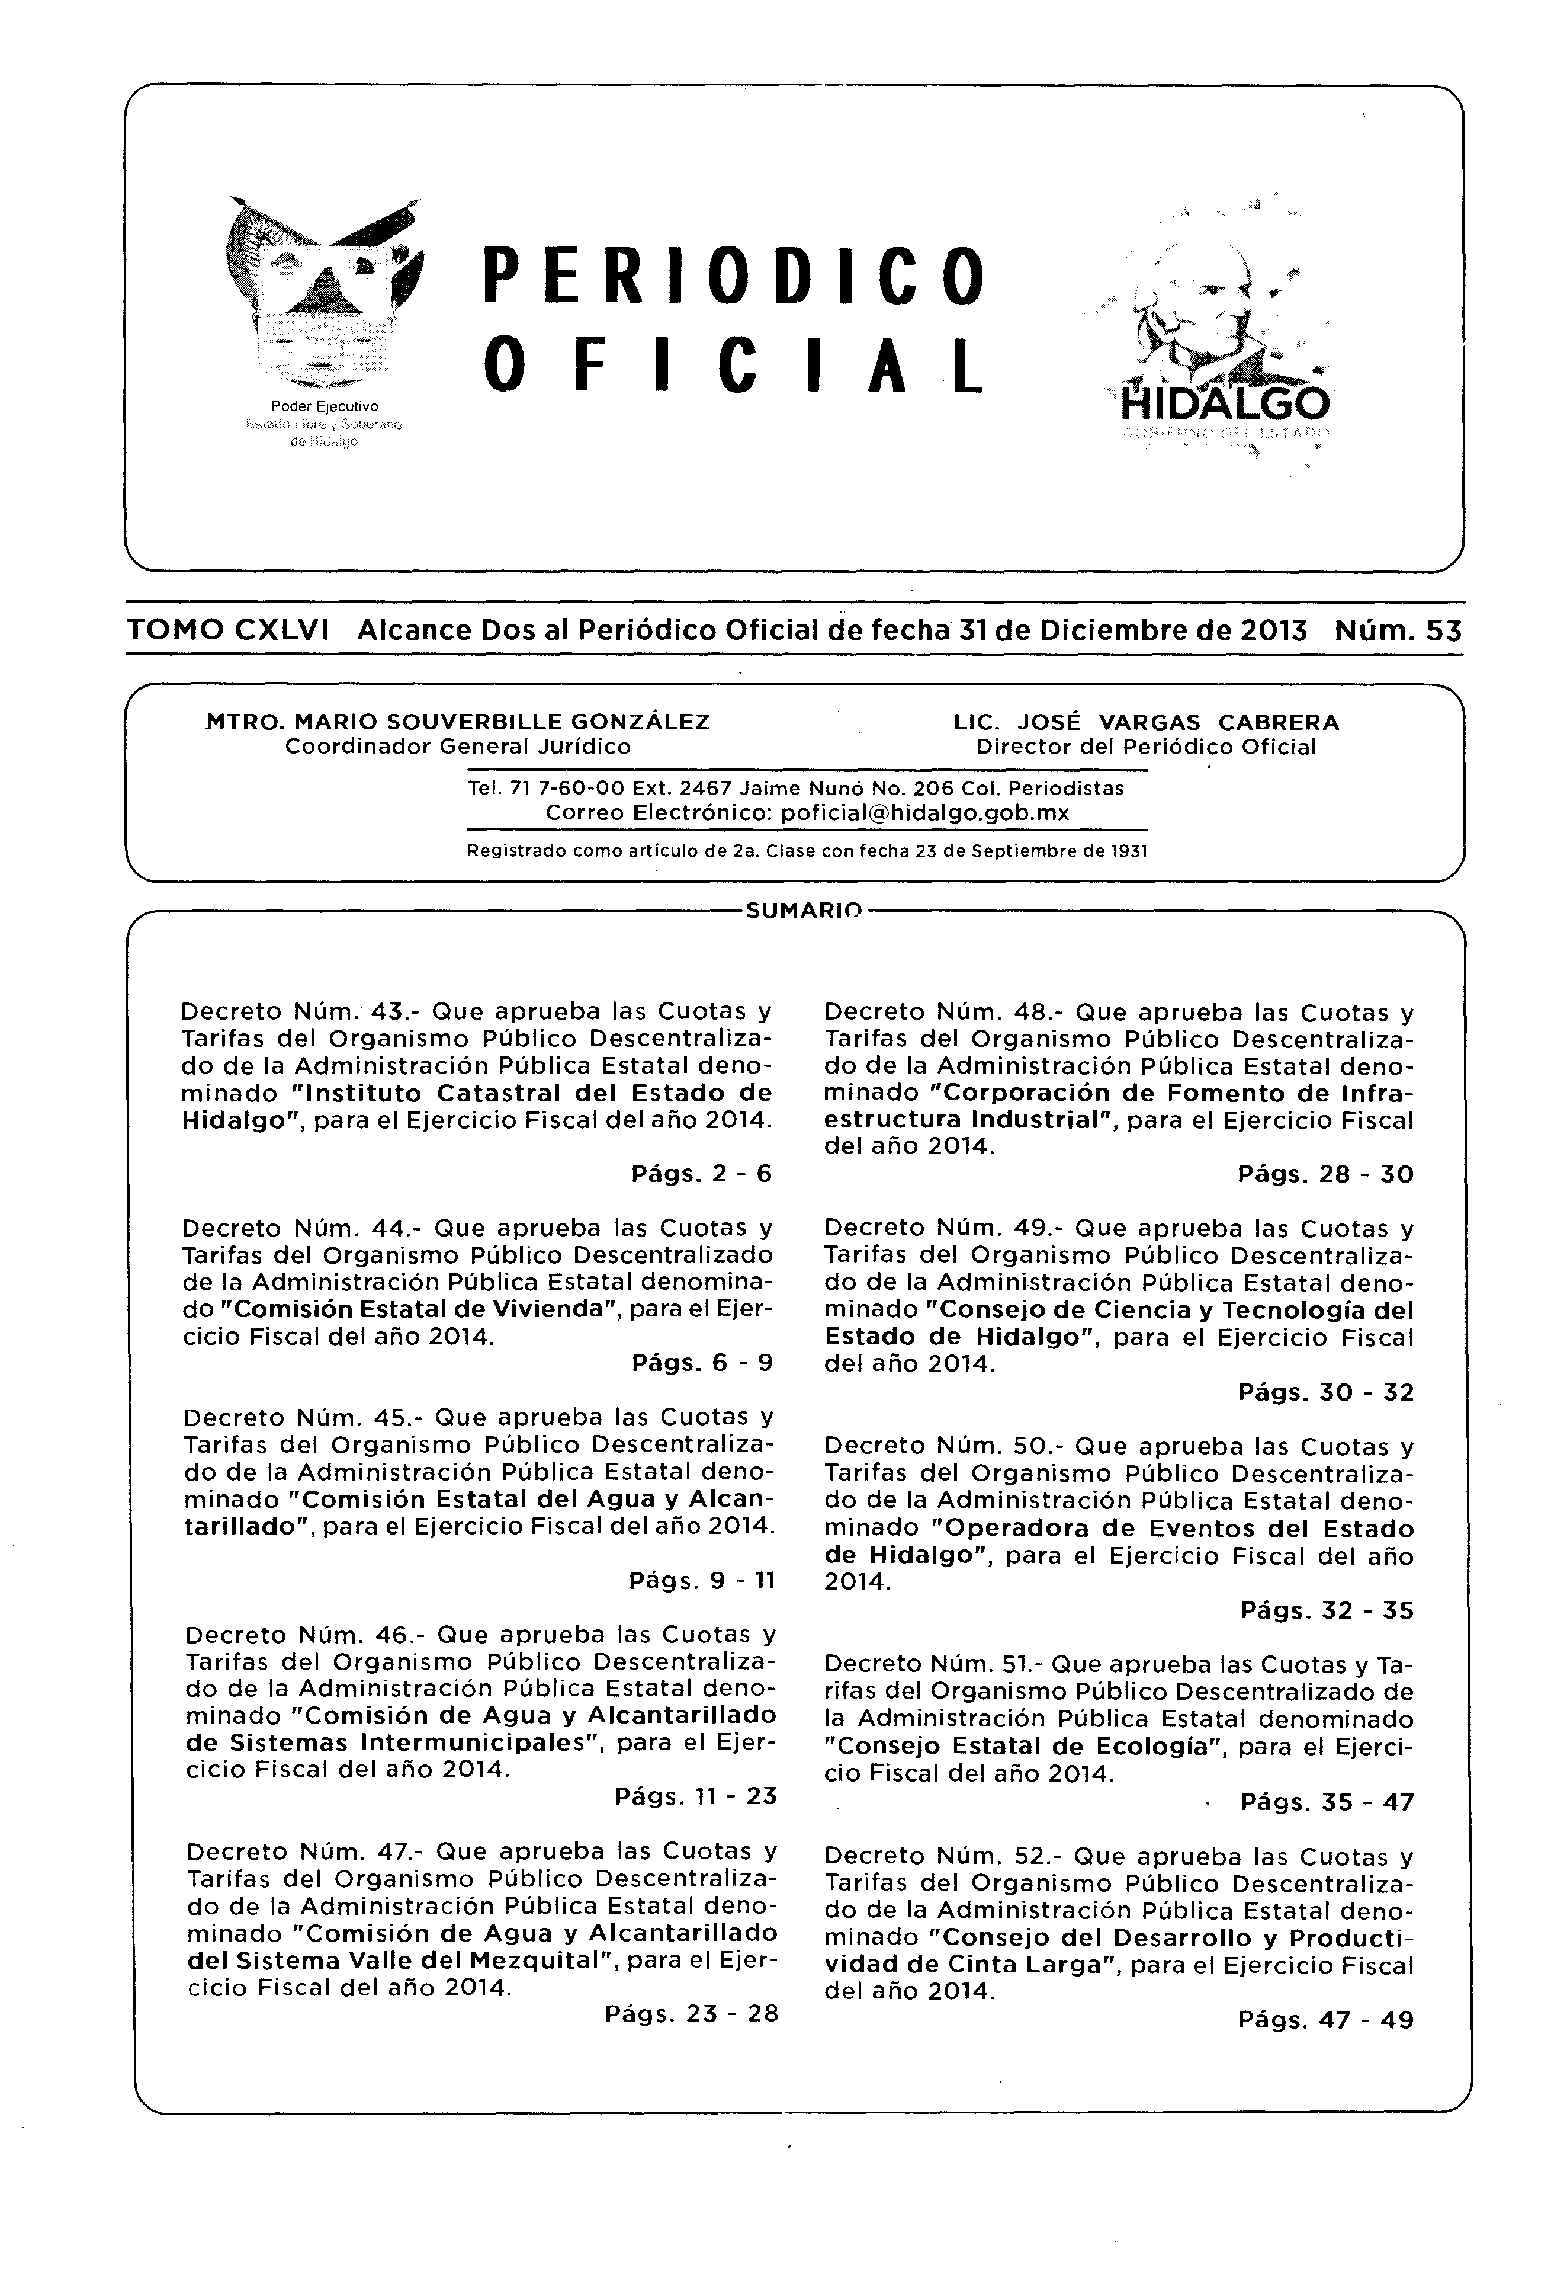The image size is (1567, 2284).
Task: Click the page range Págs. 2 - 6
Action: [x=701, y=1174]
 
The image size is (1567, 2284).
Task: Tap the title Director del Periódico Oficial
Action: [x=1145, y=747]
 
